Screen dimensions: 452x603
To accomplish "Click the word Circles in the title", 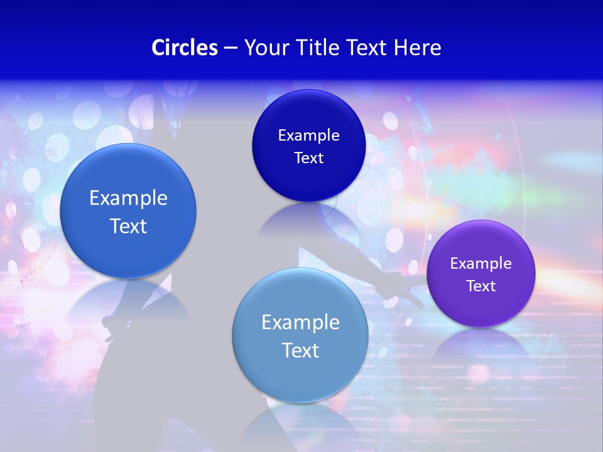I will click(185, 48).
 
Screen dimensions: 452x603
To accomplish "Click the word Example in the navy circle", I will click(308, 135).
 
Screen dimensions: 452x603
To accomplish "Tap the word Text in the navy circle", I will click(308, 158).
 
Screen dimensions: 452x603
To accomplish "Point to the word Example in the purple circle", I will click(481, 263).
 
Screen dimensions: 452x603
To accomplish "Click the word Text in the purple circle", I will click(481, 286).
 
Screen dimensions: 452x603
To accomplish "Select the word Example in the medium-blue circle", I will click(128, 198).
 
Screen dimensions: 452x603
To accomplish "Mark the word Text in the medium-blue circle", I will click(128, 226).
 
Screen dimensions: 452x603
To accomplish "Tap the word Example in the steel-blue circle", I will click(300, 322).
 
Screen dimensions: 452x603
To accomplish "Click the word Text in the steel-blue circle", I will click(300, 350).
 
